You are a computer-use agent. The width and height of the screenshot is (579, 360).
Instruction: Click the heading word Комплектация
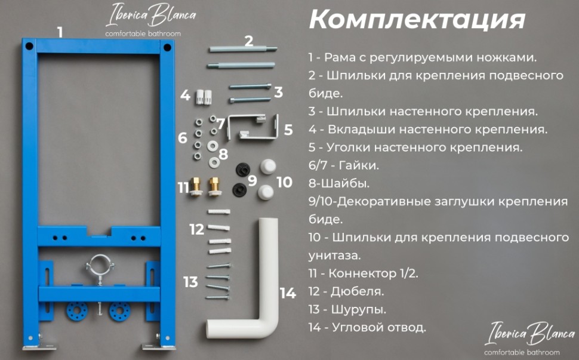(x=417, y=20)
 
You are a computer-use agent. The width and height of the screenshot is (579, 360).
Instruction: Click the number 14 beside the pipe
(x=288, y=294)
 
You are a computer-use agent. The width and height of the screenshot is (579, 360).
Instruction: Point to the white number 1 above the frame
(x=60, y=32)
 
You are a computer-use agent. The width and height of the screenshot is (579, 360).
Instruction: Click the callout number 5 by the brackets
(x=288, y=130)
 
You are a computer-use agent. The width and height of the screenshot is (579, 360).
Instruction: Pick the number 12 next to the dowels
(x=197, y=229)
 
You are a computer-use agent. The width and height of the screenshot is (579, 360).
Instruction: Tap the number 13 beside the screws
(x=190, y=282)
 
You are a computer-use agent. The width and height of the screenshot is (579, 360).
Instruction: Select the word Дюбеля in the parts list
(x=357, y=291)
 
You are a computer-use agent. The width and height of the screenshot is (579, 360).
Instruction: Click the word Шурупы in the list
(x=359, y=309)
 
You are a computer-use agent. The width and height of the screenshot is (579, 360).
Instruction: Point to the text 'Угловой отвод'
(x=379, y=328)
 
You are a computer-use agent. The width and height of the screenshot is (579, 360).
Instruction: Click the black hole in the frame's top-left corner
(x=29, y=47)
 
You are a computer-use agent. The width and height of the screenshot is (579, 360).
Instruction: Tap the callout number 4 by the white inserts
(x=185, y=96)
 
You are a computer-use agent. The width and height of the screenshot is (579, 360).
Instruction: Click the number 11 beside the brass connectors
(x=183, y=187)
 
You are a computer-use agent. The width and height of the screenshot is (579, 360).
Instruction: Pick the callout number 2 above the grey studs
(x=249, y=41)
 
